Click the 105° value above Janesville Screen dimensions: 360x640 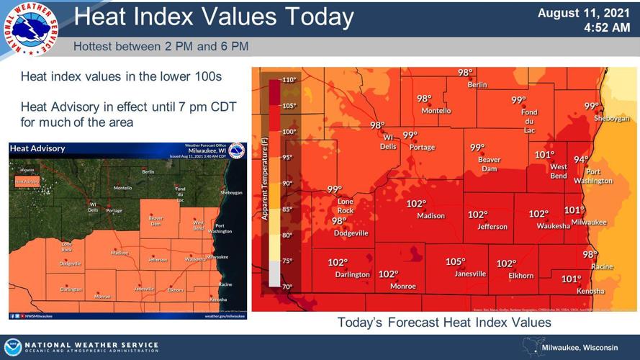455,262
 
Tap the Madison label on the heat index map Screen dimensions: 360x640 431,215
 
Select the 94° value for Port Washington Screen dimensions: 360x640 581,160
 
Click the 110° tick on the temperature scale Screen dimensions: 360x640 289,80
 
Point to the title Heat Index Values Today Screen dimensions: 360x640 214,17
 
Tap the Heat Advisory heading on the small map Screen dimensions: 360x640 38,148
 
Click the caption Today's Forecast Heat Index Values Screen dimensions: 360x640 444,323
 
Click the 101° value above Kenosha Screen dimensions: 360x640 571,279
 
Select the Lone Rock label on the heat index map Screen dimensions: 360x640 346,205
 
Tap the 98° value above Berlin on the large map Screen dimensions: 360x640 466,72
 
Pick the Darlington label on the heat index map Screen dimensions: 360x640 352,274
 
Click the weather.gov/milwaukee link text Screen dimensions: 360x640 224,315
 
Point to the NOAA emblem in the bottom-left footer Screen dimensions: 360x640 13,346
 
